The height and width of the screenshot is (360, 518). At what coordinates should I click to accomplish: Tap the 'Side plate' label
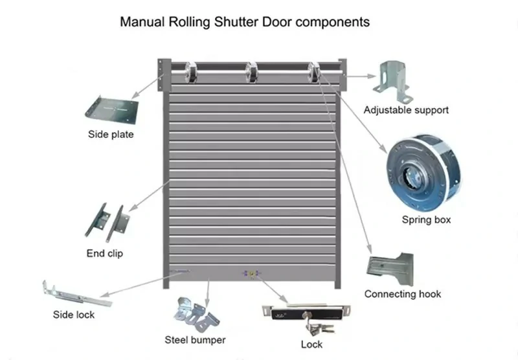pyautogui.click(x=111, y=135)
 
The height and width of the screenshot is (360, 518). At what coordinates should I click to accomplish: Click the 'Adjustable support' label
pyautogui.click(x=406, y=110)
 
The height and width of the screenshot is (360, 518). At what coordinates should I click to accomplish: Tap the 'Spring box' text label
pyautogui.click(x=426, y=220)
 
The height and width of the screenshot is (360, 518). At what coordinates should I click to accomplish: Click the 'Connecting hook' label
pyautogui.click(x=402, y=294)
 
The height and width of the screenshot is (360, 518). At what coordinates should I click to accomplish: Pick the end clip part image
pyautogui.click(x=105, y=220)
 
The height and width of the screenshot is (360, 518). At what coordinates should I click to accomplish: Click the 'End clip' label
pyautogui.click(x=104, y=253)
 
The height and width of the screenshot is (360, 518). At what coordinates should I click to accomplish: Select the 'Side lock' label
pyautogui.click(x=74, y=315)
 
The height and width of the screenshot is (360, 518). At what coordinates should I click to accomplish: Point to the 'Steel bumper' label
pyautogui.click(x=195, y=339)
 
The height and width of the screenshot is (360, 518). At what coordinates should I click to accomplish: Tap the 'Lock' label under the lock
pyautogui.click(x=311, y=344)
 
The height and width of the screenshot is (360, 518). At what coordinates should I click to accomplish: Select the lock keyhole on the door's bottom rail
pyautogui.click(x=251, y=274)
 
